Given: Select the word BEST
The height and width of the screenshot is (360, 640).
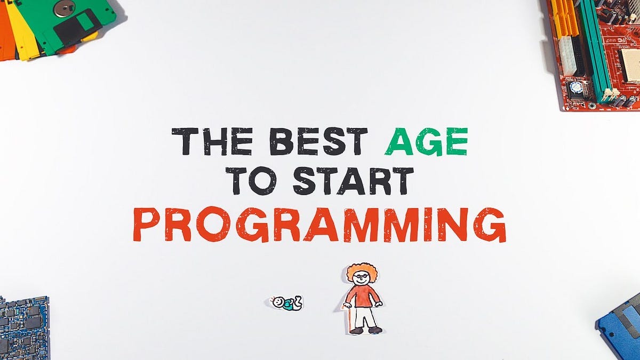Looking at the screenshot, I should click(x=318, y=141).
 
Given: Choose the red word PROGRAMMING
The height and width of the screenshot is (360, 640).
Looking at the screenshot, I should click(x=319, y=224).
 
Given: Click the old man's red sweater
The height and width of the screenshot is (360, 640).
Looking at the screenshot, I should click(x=363, y=296).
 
